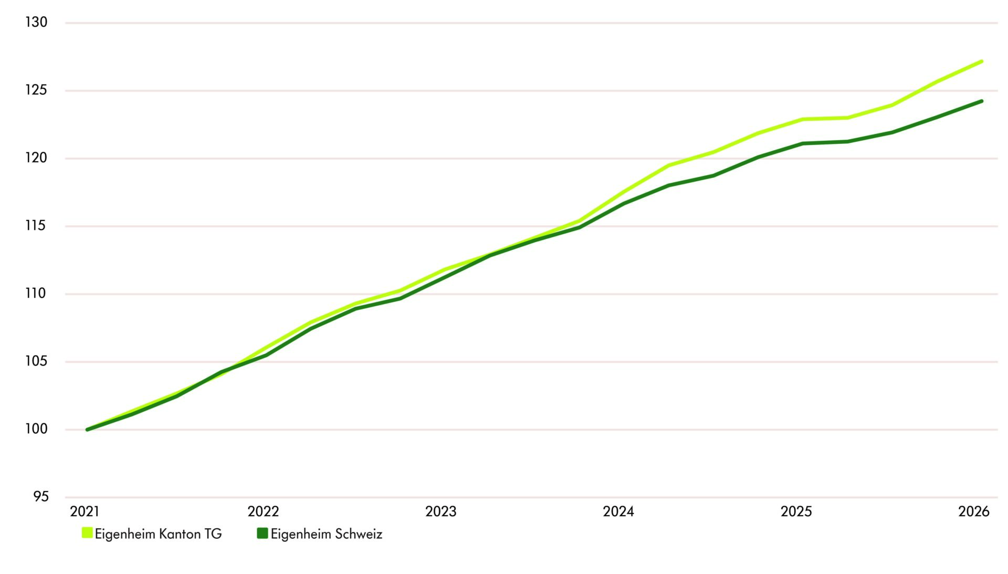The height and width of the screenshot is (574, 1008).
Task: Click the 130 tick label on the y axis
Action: click(x=36, y=23)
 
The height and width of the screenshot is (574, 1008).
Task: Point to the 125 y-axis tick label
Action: click(x=36, y=90)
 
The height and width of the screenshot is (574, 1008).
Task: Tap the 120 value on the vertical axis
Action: click(x=36, y=158)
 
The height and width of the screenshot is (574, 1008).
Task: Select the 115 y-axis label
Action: click(x=36, y=226)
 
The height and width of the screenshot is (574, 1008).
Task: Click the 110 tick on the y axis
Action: click(x=36, y=294)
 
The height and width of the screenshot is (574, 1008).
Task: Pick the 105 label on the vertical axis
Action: click(x=36, y=361)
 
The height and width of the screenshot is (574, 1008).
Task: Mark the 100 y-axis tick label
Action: click(x=36, y=429)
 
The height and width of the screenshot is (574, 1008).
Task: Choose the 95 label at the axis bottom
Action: click(x=40, y=497)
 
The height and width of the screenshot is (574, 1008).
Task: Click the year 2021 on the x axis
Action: click(x=85, y=512)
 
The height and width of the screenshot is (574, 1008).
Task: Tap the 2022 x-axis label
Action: click(x=263, y=512)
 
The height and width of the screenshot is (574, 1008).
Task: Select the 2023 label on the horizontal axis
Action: click(x=441, y=512)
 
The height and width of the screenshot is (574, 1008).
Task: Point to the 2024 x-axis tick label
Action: click(x=618, y=512)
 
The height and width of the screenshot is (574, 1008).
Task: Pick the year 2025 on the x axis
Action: click(x=796, y=512)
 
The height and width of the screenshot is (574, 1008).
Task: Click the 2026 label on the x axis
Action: click(x=974, y=512)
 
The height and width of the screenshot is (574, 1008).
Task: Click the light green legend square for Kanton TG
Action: click(x=87, y=533)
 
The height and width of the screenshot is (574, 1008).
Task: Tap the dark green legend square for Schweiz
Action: click(x=262, y=533)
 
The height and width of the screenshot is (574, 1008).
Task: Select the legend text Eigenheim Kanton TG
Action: click(x=159, y=534)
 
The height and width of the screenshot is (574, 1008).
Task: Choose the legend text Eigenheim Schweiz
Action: click(x=327, y=534)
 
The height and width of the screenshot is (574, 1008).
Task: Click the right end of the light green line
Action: click(x=981, y=61)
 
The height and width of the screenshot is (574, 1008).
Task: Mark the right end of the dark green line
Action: click(x=981, y=101)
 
